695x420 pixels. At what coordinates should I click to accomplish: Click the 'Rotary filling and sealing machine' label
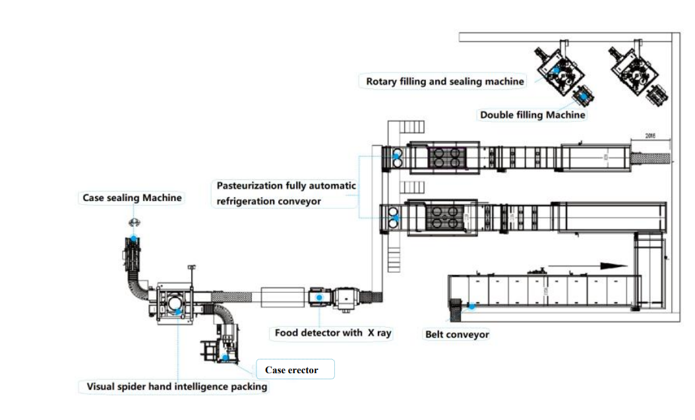[x=445, y=81]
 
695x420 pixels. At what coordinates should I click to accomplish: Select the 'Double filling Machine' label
[x=532, y=115]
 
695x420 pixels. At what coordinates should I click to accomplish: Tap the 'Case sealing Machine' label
[x=132, y=197]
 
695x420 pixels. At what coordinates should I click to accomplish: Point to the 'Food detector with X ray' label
[x=333, y=333]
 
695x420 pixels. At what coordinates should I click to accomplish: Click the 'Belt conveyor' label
[x=457, y=334]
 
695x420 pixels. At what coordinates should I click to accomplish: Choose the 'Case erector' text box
[x=295, y=370]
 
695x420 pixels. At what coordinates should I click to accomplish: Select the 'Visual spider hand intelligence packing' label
[x=177, y=387]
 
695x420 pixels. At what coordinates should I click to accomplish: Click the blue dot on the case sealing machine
[x=134, y=239]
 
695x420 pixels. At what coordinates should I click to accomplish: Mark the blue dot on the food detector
[x=320, y=297]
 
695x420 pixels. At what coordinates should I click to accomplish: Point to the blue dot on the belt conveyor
[x=472, y=305]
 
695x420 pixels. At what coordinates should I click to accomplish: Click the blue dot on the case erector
[x=226, y=357]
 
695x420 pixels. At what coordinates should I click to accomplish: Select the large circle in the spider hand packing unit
[x=176, y=303]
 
